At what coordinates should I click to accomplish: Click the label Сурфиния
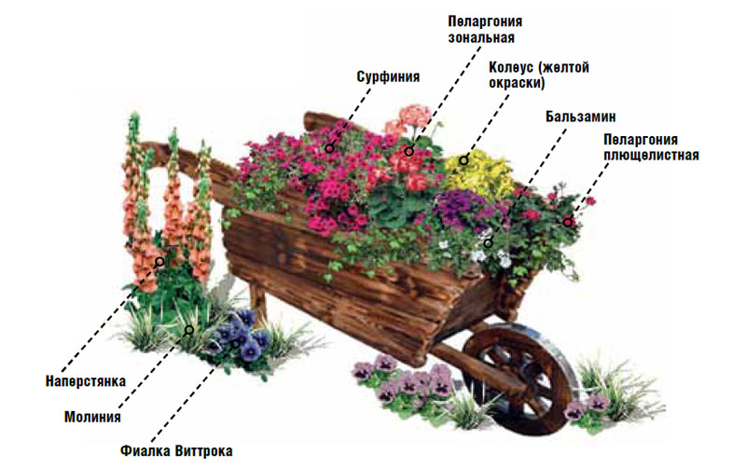point(388,77)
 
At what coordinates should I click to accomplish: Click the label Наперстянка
point(86,380)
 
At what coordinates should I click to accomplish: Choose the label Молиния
point(92,417)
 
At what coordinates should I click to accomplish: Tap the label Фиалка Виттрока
point(176,451)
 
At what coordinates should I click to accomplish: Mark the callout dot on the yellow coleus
point(463,159)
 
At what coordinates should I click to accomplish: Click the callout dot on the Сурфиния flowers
point(329,147)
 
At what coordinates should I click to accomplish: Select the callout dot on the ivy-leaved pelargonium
point(567,222)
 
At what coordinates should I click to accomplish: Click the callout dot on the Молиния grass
point(189,328)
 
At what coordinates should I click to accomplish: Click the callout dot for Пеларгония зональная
point(408,151)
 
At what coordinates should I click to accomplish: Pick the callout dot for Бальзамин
point(488,243)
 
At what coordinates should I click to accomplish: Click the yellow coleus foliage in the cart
point(480,172)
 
